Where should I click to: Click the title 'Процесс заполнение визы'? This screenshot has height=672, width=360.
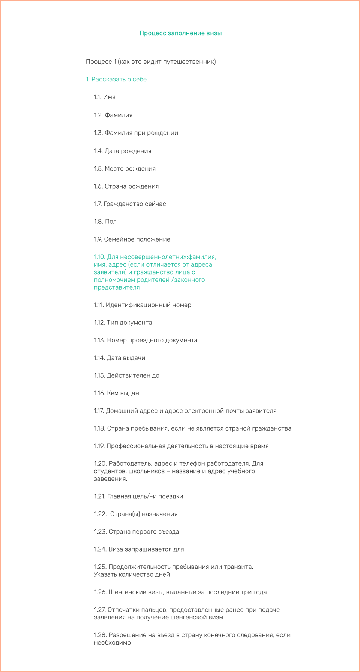[180, 33]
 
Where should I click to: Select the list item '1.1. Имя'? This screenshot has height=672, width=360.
[105, 97]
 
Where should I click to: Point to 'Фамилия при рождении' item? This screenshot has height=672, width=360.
[141, 133]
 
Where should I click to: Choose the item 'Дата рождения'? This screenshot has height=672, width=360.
[127, 151]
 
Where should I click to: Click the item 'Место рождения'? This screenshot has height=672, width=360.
[130, 169]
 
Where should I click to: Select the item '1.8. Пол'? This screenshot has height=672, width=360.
[105, 222]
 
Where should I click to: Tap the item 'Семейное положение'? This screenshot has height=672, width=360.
[137, 239]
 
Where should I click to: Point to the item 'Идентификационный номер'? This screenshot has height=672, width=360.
[148, 305]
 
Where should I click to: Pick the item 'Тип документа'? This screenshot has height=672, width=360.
[129, 322]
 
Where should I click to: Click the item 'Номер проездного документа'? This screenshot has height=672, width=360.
[152, 340]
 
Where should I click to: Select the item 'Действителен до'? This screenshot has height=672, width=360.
[133, 375]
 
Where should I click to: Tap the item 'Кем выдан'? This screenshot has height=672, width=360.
[123, 393]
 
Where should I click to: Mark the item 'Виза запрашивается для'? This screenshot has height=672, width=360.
[146, 549]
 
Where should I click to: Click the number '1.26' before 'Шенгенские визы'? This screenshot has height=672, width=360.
[100, 592]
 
